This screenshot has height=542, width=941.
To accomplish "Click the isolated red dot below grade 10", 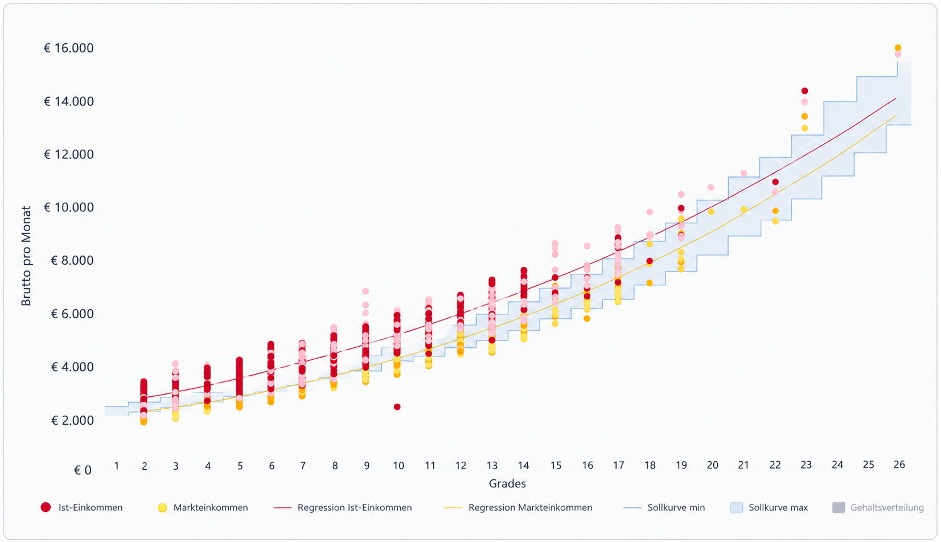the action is (x=397, y=406).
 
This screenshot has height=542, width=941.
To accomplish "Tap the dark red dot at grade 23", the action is (x=804, y=91).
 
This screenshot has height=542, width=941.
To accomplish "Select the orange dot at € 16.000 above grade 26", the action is (x=898, y=48).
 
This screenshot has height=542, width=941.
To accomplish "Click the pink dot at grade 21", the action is (x=743, y=173).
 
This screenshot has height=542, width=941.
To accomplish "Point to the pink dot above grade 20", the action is (x=711, y=187).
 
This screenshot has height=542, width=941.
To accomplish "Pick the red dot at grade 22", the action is (x=775, y=182).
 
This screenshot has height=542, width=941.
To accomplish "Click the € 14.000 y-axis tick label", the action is (x=69, y=101).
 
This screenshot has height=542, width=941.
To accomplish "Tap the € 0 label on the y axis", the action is (x=83, y=470).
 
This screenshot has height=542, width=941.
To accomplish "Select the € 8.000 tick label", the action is (x=72, y=261).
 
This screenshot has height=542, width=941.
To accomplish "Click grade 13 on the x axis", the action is (x=492, y=466).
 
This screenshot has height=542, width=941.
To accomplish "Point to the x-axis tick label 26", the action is (x=899, y=464).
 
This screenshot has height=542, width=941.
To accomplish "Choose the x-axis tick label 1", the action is (x=116, y=466).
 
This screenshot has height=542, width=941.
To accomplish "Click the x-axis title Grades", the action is (x=507, y=483).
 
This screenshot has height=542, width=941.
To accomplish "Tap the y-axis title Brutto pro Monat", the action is (x=26, y=256).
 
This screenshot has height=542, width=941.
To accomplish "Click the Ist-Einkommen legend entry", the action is (x=81, y=507).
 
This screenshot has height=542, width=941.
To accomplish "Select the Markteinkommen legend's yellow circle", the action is (x=162, y=507).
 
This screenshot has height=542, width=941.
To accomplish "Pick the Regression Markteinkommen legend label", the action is (x=530, y=507).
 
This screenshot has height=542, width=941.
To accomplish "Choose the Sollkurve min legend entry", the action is (x=664, y=507).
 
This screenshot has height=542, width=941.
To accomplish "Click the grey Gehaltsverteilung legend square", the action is (x=839, y=507).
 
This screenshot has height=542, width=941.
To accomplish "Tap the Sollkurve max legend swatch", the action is (x=737, y=507).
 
